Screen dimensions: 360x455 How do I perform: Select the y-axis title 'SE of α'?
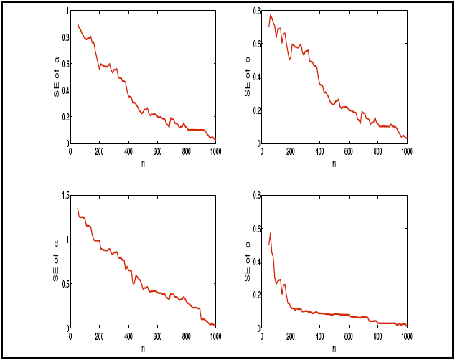[57, 260]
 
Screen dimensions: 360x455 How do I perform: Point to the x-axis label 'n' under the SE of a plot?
[143, 163]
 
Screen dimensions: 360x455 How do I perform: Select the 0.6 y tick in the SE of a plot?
[63, 65]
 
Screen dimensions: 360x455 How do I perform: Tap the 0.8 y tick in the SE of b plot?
[255, 11]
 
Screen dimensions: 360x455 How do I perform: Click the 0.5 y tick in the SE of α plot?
[63, 284]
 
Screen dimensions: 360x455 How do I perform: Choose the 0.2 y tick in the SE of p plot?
[255, 295]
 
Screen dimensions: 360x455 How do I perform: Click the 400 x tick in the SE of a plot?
[128, 151]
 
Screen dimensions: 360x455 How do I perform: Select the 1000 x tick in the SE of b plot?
[406, 151]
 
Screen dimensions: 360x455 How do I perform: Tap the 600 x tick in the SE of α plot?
[157, 336]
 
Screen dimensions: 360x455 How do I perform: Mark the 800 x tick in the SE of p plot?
[377, 336]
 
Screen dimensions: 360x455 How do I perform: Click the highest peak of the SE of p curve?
[271, 233]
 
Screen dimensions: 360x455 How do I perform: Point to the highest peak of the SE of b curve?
[271, 15]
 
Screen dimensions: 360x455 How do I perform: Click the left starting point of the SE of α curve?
[78, 208]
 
